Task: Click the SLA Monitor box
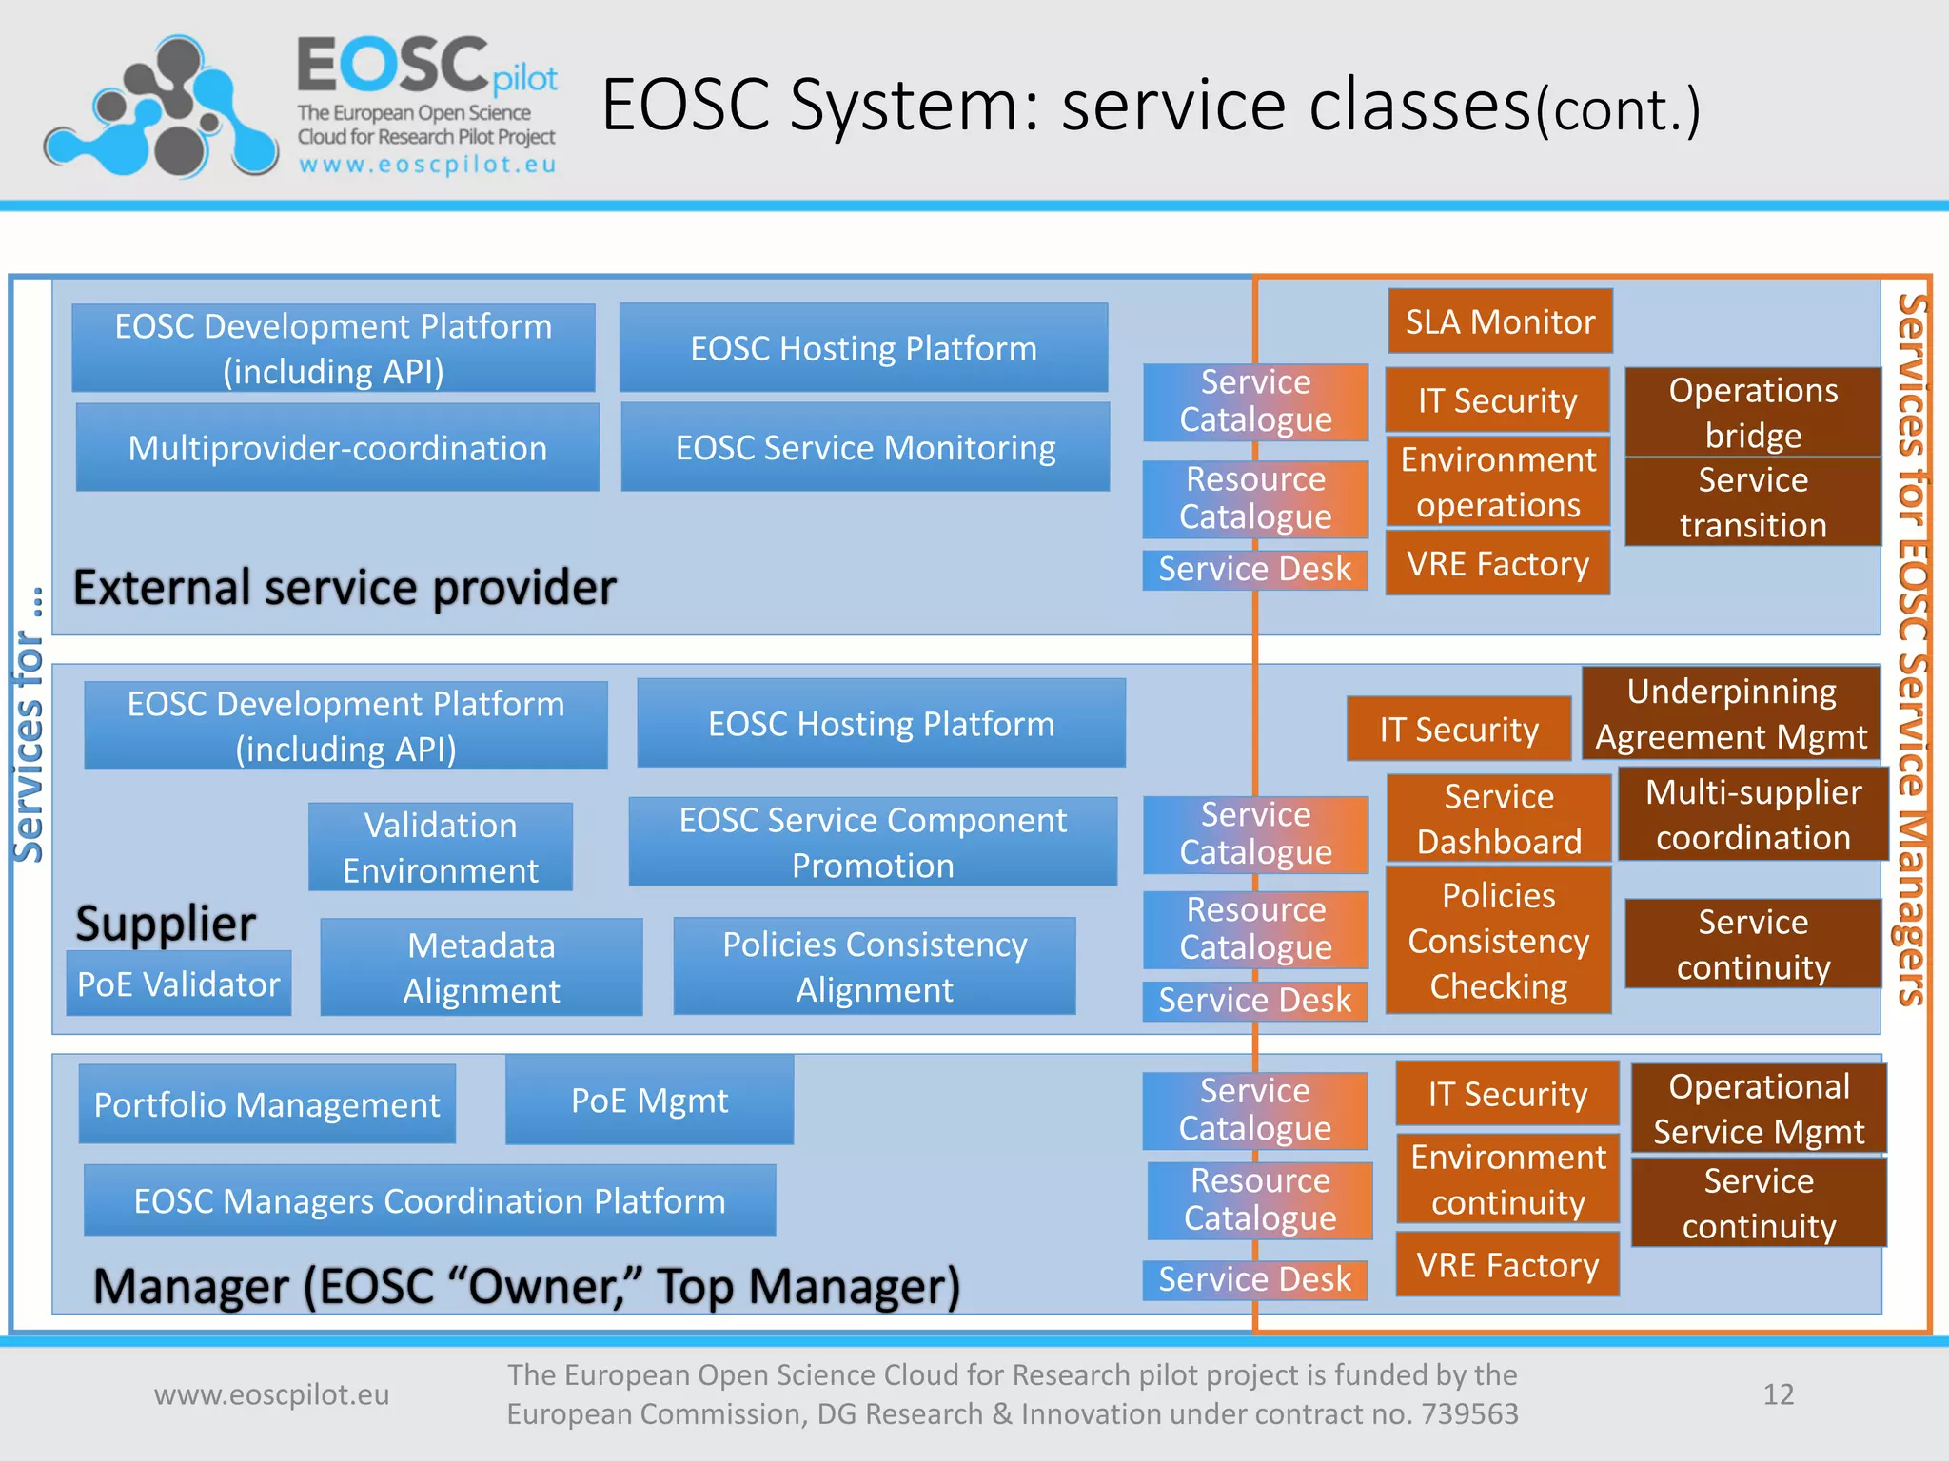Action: [x=1500, y=321]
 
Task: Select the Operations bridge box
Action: [x=1753, y=412]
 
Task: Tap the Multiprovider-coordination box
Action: [x=338, y=447]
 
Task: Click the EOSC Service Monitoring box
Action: [x=865, y=447]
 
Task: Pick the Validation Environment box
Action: [x=441, y=847]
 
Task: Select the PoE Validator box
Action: [x=179, y=984]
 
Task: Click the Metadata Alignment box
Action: [x=482, y=967]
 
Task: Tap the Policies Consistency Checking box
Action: [x=1499, y=940]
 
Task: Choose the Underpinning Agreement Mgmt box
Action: [x=1731, y=713]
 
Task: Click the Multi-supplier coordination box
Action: [x=1753, y=814]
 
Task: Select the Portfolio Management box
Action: [x=267, y=1104]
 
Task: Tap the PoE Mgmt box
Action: [x=649, y=1101]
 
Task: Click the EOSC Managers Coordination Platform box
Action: [x=430, y=1200]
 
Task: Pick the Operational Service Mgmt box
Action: [x=1759, y=1108]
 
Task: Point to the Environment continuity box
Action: [x=1507, y=1179]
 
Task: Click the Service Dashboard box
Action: [x=1499, y=818]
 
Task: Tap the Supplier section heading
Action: [x=166, y=924]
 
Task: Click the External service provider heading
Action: [x=345, y=587]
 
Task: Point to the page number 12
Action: [x=1778, y=1393]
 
